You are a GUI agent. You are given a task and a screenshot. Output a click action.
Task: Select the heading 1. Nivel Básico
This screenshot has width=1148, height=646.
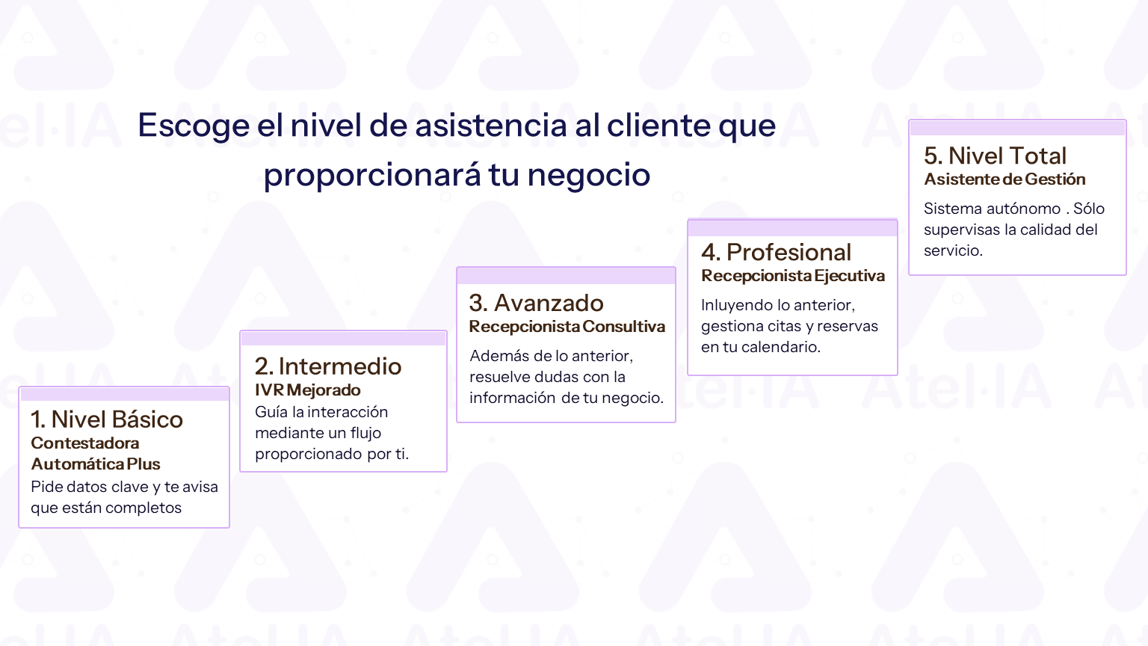pyautogui.click(x=107, y=419)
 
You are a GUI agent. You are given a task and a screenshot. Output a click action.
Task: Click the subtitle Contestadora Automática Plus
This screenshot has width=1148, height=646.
pyautogui.click(x=96, y=453)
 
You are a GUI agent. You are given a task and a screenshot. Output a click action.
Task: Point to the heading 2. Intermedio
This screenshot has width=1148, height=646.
pyautogui.click(x=328, y=366)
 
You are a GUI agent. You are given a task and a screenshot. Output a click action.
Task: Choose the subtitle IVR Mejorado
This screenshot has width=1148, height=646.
pyautogui.click(x=307, y=390)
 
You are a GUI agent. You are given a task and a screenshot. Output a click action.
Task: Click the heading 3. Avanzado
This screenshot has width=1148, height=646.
pyautogui.click(x=536, y=303)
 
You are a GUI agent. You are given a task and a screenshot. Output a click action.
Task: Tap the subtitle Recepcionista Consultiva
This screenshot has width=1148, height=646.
pyautogui.click(x=567, y=327)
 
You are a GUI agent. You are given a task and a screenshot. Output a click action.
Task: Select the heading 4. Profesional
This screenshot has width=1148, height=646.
pyautogui.click(x=776, y=252)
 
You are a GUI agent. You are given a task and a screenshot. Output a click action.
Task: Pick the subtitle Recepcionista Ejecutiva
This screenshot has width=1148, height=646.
pyautogui.click(x=793, y=276)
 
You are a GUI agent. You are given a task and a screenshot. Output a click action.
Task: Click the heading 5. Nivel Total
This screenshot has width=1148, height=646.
pyautogui.click(x=995, y=156)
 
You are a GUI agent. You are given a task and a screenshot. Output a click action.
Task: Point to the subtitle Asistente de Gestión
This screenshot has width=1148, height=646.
pyautogui.click(x=1004, y=179)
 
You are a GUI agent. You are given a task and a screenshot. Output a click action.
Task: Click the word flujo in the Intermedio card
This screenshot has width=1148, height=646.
pyautogui.click(x=366, y=433)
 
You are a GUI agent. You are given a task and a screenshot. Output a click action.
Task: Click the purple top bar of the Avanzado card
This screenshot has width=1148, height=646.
pyautogui.click(x=567, y=276)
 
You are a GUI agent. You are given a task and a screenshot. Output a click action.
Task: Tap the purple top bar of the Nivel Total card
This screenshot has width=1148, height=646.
pyautogui.click(x=1017, y=128)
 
